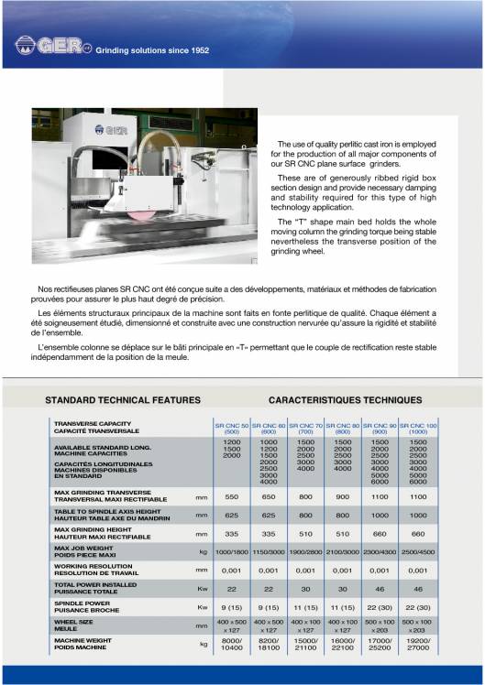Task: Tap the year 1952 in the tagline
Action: pos(197,50)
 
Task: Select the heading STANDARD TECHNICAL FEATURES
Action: pos(123,400)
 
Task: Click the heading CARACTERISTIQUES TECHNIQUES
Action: pos(345,400)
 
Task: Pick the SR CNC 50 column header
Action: pos(231,429)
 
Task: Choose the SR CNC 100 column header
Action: pos(418,429)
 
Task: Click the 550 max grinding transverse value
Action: pos(231,496)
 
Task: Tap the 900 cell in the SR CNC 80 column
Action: pos(343,496)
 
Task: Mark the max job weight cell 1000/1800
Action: pos(231,552)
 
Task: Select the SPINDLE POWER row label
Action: pos(83,606)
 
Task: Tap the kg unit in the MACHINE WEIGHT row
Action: pos(203,644)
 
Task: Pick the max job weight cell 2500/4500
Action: pos(418,552)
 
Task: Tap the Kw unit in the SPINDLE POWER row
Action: pos(203,606)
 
